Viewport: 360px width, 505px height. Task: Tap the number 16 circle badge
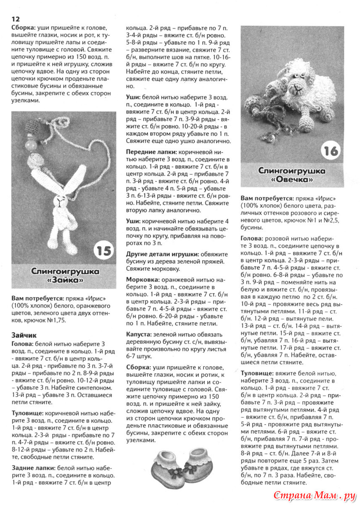[x=331, y=151]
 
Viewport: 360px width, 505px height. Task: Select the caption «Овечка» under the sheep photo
[x=291, y=180]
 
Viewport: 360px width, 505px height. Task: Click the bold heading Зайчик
[x=24, y=335]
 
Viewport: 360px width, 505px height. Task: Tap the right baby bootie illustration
[x=202, y=465]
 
